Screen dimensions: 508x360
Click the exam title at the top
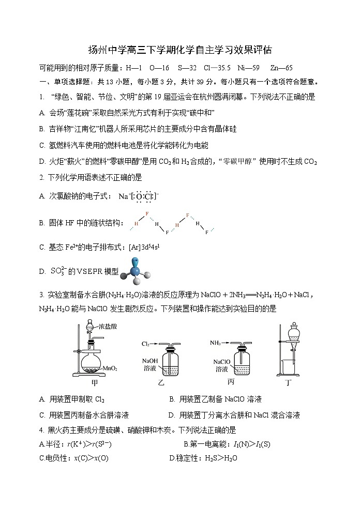coord(179,50)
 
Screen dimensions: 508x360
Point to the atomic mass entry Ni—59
coord(252,68)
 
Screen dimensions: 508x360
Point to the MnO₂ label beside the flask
coord(110,368)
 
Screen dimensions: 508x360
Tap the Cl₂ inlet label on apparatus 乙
coord(147,344)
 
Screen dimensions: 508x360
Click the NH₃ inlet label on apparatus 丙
coord(216,343)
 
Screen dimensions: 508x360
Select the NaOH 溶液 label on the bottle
coord(151,365)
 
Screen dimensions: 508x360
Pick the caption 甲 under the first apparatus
coord(94,383)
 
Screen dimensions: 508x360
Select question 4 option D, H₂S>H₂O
coord(203,458)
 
